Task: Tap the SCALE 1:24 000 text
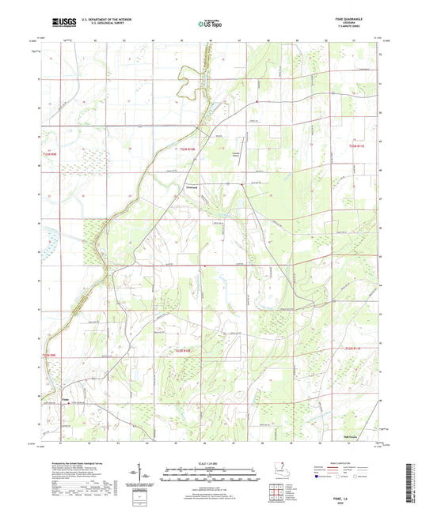coord(210,462)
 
